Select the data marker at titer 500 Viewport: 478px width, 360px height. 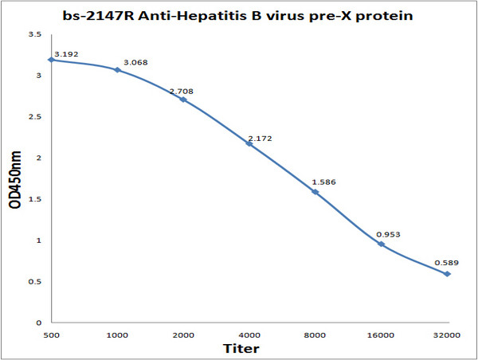[x=51, y=60]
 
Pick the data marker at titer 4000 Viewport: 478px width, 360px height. [x=249, y=143]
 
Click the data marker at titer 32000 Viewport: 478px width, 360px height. [x=448, y=274]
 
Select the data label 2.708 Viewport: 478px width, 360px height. [x=181, y=92]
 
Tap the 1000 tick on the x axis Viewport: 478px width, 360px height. [x=117, y=336]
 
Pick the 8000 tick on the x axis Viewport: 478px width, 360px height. [x=315, y=336]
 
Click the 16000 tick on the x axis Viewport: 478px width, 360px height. [x=382, y=336]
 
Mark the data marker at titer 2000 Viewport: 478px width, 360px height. [x=183, y=100]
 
